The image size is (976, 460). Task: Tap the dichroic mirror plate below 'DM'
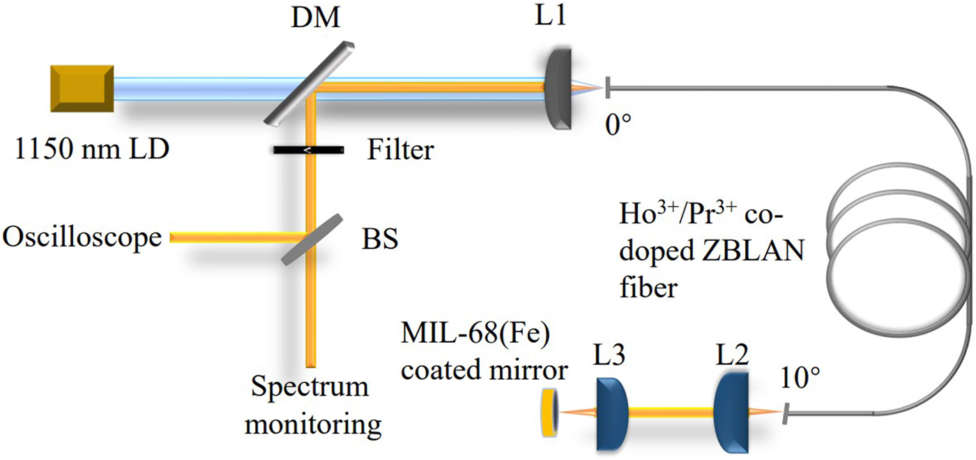(307, 84)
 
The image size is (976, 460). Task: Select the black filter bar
(307, 150)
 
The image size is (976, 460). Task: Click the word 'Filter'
(400, 149)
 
